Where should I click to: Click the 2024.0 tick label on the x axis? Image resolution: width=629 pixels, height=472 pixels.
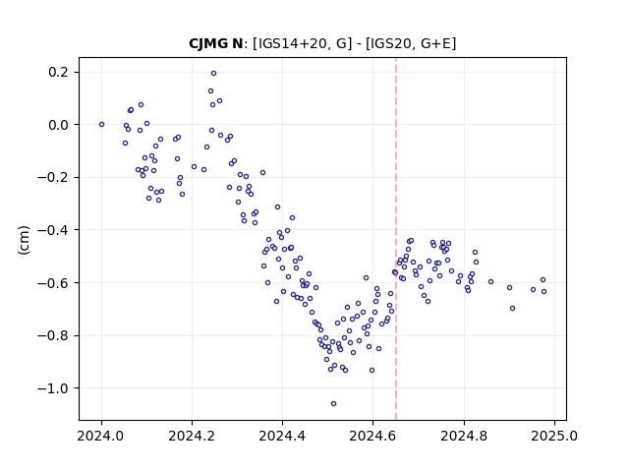(101, 436)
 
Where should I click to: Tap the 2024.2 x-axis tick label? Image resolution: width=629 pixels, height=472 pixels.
(192, 436)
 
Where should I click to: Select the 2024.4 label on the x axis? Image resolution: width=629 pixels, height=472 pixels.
(282, 436)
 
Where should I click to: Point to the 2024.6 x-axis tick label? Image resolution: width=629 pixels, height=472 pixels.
(372, 436)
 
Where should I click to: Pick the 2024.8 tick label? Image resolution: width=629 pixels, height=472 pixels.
(464, 436)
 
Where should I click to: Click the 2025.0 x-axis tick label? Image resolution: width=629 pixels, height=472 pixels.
(554, 436)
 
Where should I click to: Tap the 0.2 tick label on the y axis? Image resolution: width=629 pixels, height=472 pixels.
(58, 72)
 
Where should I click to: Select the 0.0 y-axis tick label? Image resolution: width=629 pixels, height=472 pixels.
(58, 125)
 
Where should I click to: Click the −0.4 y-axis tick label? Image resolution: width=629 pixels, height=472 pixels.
(53, 230)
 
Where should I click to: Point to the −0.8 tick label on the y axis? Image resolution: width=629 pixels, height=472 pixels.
(53, 335)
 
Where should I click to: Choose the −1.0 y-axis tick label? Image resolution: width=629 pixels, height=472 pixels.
(53, 388)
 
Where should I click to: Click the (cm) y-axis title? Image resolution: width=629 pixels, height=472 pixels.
(24, 240)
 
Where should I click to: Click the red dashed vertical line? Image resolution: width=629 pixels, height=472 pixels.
(396, 239)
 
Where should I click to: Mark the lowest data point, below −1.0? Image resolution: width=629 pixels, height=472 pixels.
(333, 404)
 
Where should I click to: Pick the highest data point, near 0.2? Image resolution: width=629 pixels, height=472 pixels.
(214, 74)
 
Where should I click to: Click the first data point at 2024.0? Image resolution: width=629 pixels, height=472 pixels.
(101, 125)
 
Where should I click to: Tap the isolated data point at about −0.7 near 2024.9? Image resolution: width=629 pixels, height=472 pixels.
(512, 308)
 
